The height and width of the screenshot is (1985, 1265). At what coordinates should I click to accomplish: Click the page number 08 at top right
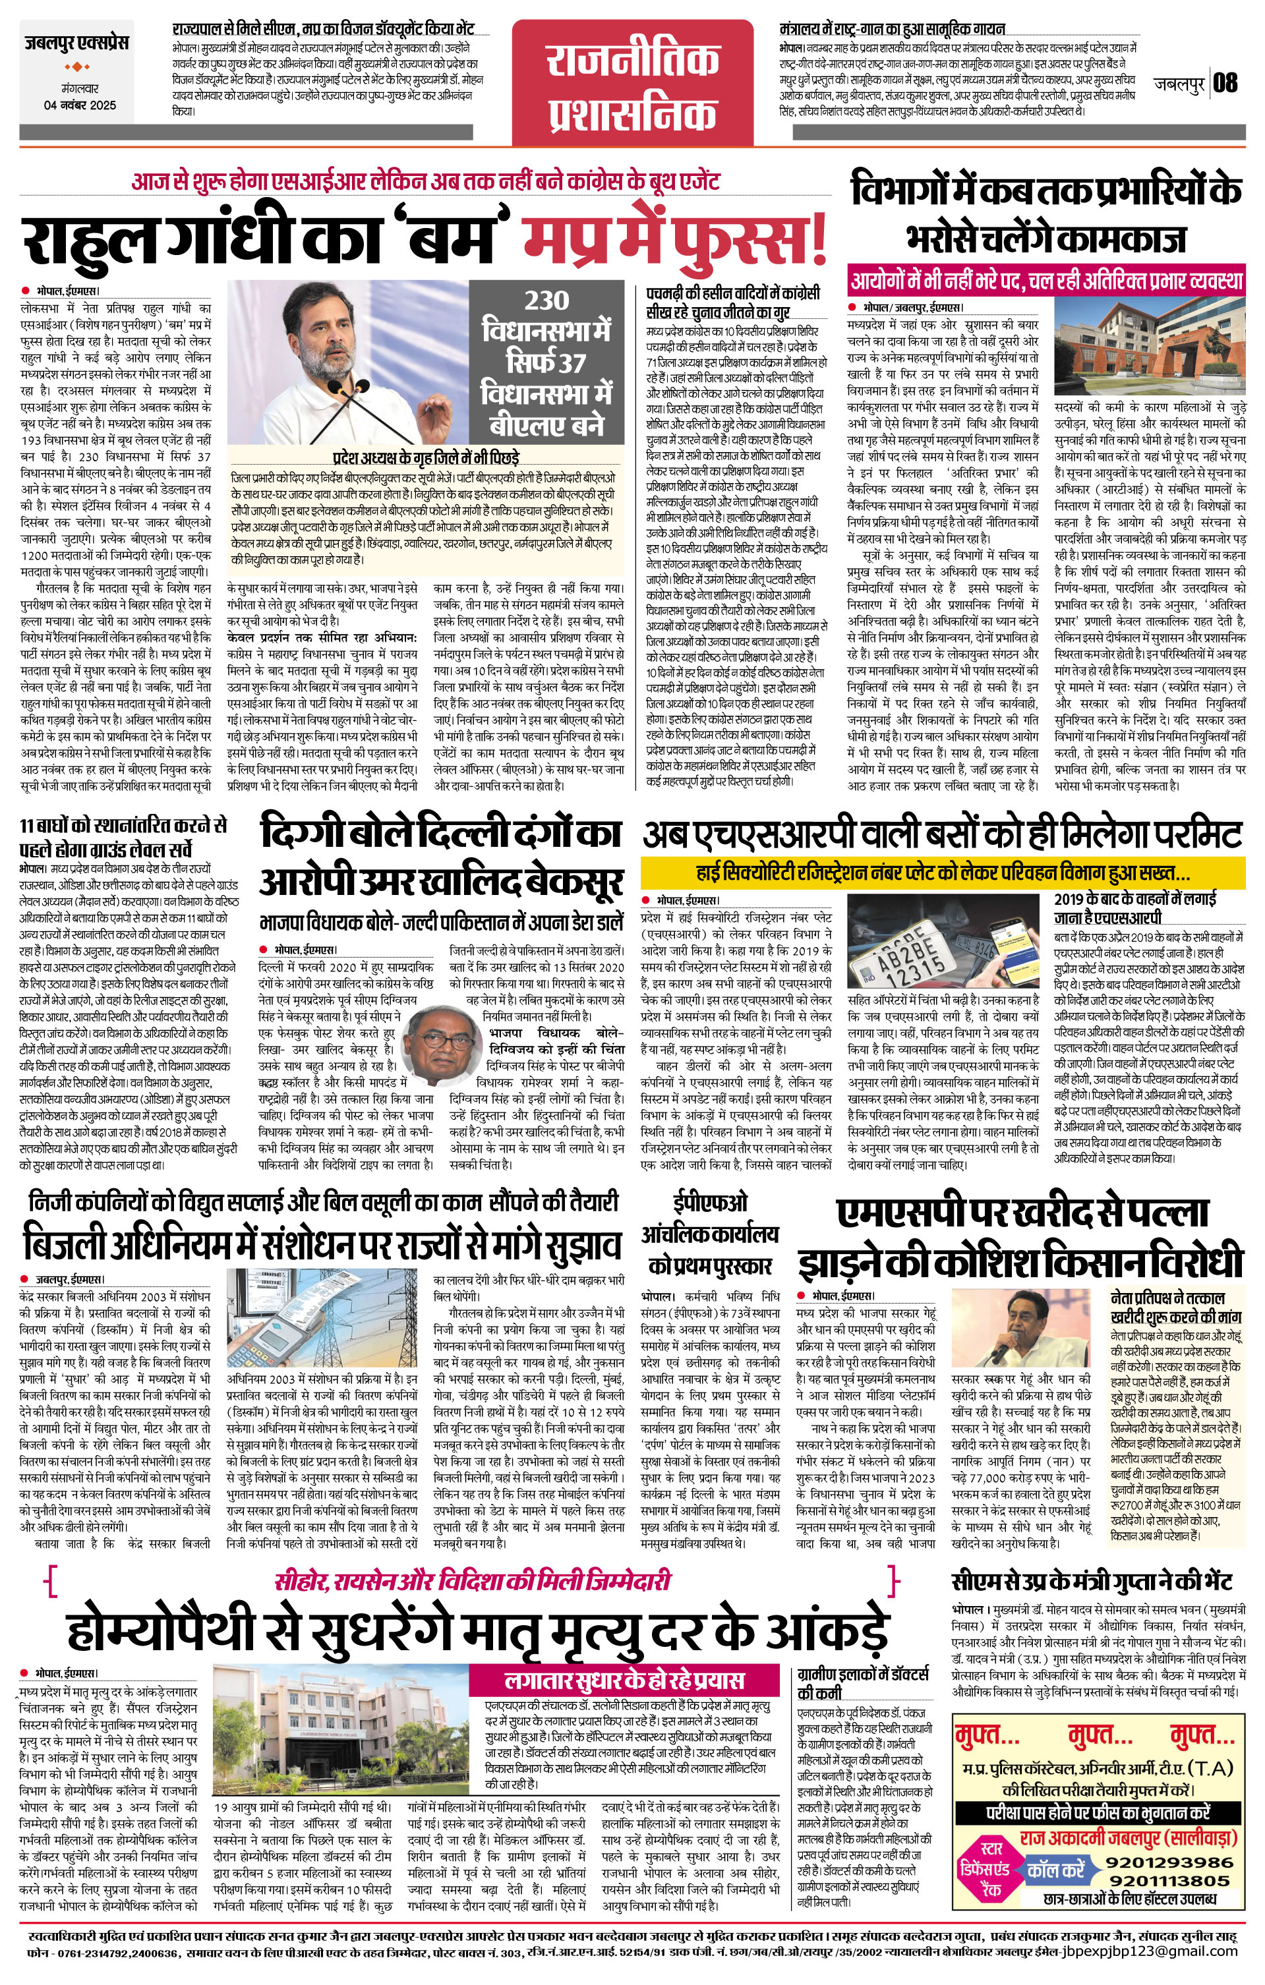point(1225,82)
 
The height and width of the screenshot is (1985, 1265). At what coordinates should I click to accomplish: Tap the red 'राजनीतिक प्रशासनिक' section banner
point(633,88)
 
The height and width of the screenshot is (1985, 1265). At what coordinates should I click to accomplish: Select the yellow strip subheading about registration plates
point(943,872)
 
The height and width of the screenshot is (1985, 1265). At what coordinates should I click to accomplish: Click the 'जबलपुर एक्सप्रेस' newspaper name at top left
point(76,43)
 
